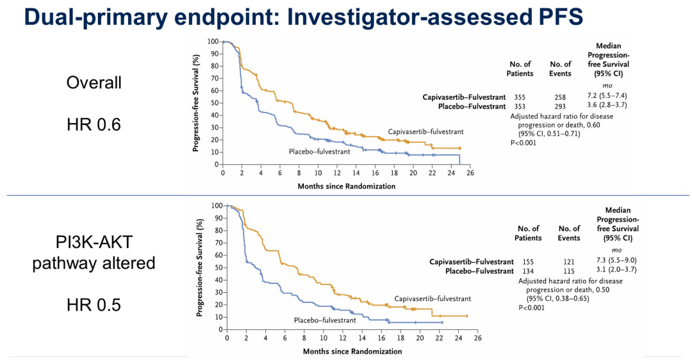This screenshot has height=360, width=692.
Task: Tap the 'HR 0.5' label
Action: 94,305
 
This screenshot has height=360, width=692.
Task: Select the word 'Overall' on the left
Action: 94,83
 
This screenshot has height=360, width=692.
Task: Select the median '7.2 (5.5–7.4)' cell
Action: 609,97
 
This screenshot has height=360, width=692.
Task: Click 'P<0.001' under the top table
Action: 523,143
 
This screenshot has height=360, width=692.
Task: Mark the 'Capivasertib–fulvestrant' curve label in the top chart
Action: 425,132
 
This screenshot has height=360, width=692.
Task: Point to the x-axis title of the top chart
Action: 346,186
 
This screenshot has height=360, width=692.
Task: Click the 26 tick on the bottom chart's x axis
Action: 477,338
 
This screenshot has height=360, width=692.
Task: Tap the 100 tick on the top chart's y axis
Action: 213,41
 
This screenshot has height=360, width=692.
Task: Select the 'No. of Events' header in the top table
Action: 560,69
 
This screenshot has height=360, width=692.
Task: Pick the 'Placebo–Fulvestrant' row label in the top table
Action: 464,106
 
